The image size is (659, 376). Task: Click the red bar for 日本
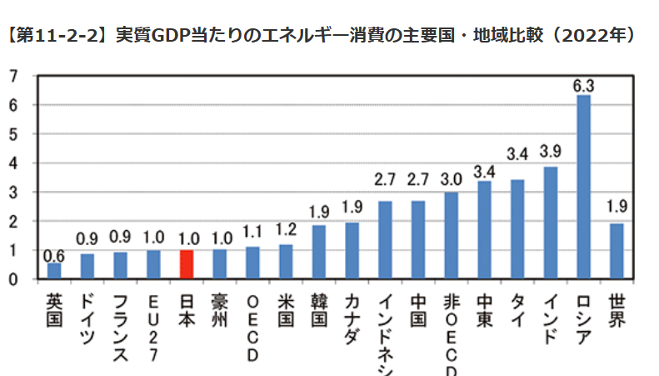pos(187,264)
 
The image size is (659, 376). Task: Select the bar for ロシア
pos(583,187)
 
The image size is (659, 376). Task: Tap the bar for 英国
pos(54,271)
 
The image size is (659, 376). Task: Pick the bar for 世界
pos(617,251)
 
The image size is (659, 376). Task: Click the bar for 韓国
pos(319,252)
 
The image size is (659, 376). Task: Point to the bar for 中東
pos(484,230)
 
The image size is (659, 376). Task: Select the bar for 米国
pos(286,262)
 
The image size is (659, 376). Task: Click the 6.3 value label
pos(583,85)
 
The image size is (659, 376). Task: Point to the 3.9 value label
pos(550,153)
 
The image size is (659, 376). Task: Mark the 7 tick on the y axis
pos(13,77)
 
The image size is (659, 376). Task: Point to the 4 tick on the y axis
pos(13,163)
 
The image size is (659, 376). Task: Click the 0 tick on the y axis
pos(13,279)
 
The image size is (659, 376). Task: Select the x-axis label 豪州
pos(220,308)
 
